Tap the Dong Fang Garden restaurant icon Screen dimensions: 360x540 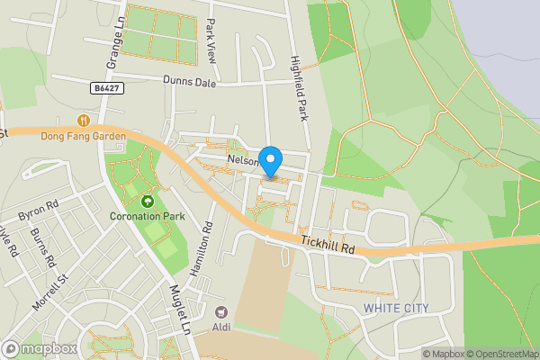[84, 120]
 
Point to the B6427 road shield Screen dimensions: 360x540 [106, 88]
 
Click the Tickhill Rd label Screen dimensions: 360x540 [329, 244]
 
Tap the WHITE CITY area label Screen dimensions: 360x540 [396, 309]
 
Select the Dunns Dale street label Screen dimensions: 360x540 [191, 80]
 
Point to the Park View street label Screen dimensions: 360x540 [212, 40]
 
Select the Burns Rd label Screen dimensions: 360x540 [42, 248]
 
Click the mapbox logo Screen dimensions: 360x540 [38, 348]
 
